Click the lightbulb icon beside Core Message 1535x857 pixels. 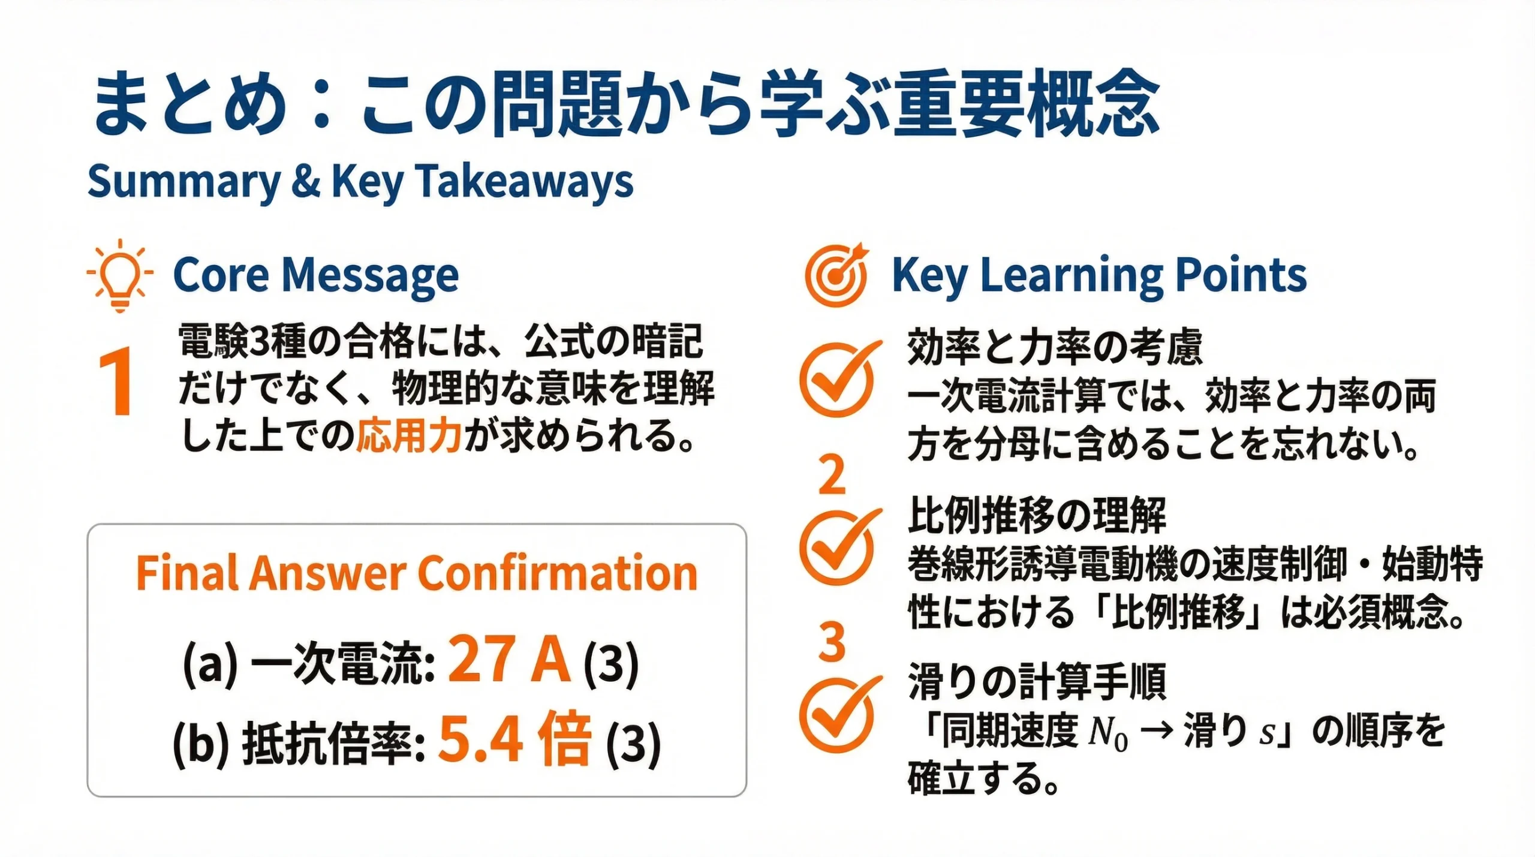pos(120,275)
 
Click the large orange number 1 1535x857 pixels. pos(116,382)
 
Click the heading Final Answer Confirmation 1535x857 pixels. pos(417,573)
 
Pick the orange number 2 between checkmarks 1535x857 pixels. pos(832,476)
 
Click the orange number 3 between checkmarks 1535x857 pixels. pos(832,642)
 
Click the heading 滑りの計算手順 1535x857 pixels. pos(1037,682)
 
